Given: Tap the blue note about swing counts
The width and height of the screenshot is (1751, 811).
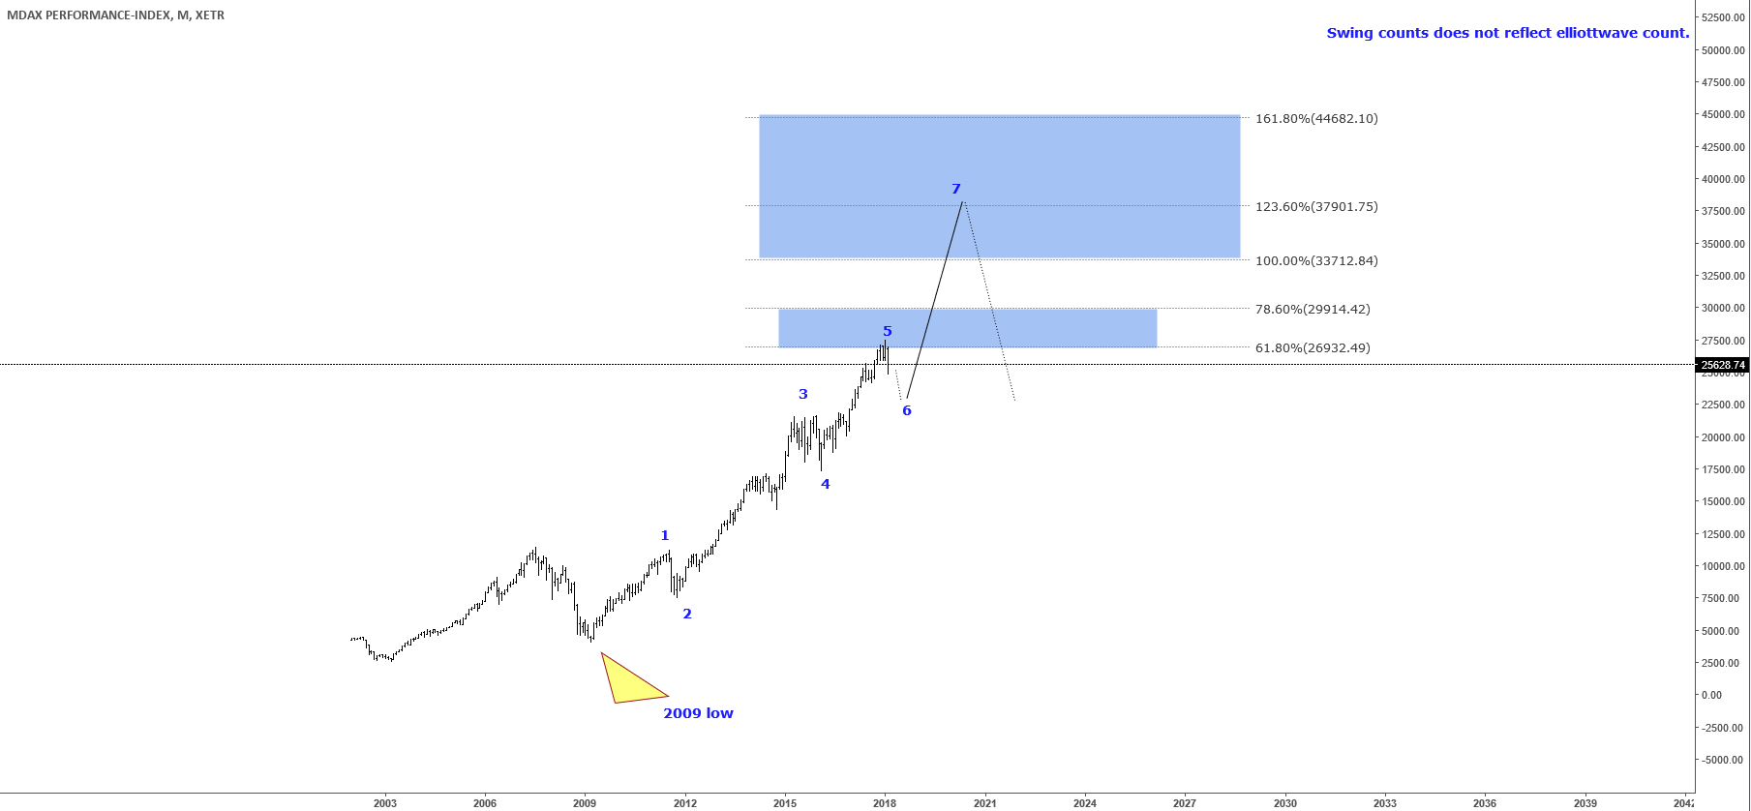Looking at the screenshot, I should pyautogui.click(x=1507, y=33).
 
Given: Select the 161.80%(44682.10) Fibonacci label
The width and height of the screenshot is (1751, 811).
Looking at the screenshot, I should pyautogui.click(x=1316, y=119).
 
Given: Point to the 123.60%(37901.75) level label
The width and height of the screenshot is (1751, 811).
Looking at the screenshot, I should pyautogui.click(x=1316, y=207).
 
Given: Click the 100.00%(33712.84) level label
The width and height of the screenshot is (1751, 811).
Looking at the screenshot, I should pyautogui.click(x=1316, y=261).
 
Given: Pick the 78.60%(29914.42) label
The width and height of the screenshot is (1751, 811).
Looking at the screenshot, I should pyautogui.click(x=1313, y=310).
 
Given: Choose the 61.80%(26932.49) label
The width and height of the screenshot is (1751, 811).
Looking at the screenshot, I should pyautogui.click(x=1313, y=348).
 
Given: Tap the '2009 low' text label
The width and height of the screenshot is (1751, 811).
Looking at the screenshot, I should pyautogui.click(x=698, y=713).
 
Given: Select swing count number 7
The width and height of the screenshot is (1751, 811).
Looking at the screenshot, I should pyautogui.click(x=956, y=189).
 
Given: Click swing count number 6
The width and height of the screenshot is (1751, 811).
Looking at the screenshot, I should pyautogui.click(x=907, y=410).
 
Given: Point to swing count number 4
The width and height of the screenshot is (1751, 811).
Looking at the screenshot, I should pyautogui.click(x=826, y=484).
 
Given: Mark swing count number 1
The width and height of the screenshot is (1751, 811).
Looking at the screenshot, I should pyautogui.click(x=665, y=535).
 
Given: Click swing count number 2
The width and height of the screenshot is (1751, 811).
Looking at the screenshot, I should pyautogui.click(x=687, y=614).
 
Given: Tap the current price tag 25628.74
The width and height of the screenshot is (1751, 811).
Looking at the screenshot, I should pyautogui.click(x=1723, y=365).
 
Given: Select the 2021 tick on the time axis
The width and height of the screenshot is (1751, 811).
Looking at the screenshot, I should pyautogui.click(x=984, y=803).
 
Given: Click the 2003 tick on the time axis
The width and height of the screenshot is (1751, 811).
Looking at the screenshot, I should pyautogui.click(x=385, y=803).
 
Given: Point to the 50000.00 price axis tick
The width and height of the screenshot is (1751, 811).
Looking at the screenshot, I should pyautogui.click(x=1723, y=50).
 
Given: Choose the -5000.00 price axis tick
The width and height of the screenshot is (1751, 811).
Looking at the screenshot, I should pyautogui.click(x=1723, y=760).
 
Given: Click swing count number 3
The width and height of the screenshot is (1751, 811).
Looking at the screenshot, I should pyautogui.click(x=803, y=394).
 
